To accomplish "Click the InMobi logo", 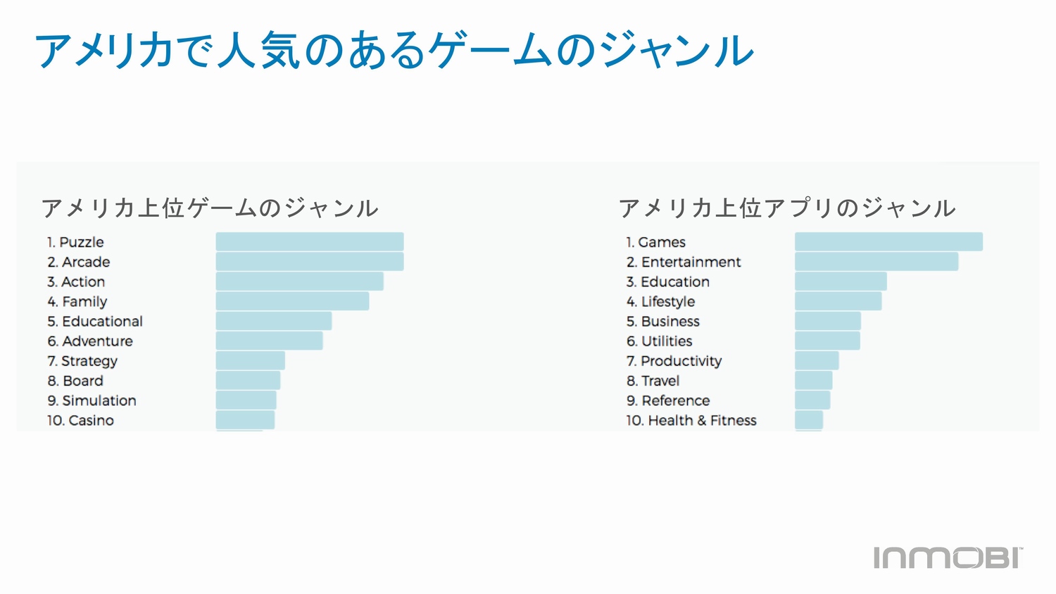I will tap(948, 557).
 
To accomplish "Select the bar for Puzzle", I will tap(310, 242).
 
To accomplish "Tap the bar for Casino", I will tap(245, 420).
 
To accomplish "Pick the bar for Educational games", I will tap(273, 322).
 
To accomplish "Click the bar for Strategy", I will tap(250, 361).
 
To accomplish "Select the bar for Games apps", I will tap(888, 242).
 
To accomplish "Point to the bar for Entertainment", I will tap(876, 262).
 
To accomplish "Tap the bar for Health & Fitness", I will tap(808, 420).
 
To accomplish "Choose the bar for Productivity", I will tap(817, 361).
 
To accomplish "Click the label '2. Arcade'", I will tap(79, 262).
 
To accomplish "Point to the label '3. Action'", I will tap(76, 282).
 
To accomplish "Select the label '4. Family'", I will tap(77, 302).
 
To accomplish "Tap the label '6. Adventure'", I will tap(90, 341).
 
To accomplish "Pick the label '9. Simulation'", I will tap(92, 400).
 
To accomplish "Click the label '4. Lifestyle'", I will tap(660, 302).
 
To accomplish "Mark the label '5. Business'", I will tap(662, 322).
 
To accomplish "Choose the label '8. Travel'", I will tap(653, 381).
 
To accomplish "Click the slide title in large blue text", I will tap(394, 51).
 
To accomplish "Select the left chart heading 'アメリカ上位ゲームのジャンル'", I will tap(210, 208).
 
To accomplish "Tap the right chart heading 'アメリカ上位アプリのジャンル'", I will tap(787, 208).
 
